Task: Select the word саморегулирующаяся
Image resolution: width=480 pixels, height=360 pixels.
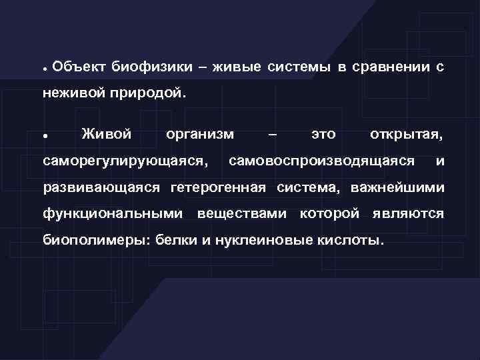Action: pos(124,161)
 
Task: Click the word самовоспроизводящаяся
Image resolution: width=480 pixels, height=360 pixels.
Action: pos(321,161)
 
